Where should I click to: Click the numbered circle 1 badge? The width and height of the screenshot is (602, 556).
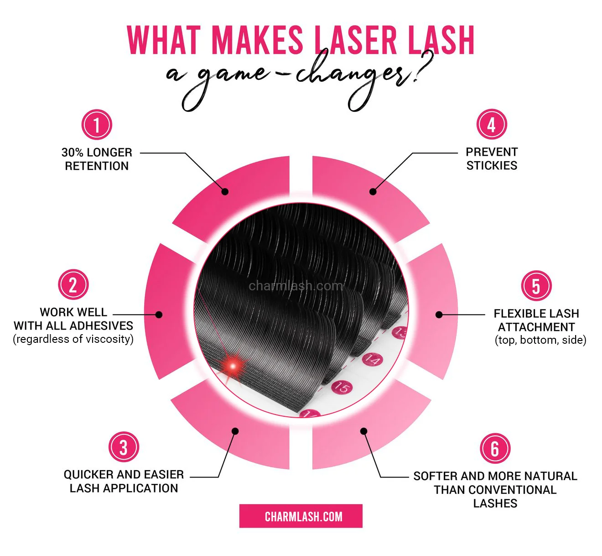(97, 125)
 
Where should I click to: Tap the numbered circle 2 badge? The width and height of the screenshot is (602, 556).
(73, 285)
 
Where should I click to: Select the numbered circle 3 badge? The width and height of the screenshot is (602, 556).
(123, 447)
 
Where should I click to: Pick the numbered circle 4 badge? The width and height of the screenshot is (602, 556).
(491, 124)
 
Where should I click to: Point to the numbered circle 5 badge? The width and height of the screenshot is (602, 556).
(536, 286)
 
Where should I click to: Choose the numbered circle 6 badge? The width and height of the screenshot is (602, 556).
(495, 448)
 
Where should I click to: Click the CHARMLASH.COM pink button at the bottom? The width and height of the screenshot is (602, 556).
(301, 516)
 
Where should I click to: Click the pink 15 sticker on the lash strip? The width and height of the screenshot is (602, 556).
(342, 388)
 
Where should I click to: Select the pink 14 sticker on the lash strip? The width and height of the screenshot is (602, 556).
(372, 360)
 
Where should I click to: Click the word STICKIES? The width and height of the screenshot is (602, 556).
(492, 166)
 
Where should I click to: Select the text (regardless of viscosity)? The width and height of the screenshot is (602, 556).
(73, 339)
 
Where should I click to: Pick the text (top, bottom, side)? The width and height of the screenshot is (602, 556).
(540, 340)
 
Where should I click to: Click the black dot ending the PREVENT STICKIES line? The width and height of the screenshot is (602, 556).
(373, 192)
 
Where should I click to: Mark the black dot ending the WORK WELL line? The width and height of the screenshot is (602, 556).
(159, 315)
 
